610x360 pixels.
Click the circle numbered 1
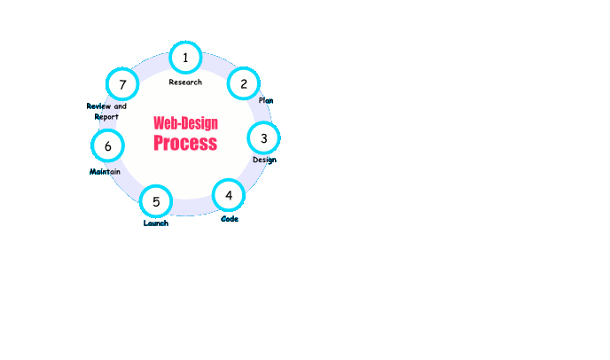coord(185,58)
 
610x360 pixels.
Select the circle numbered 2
coord(244,83)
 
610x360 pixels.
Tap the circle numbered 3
coord(263,138)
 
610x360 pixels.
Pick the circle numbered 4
coord(229,195)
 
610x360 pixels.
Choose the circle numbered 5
coord(156,201)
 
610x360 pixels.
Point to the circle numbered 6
coord(108,146)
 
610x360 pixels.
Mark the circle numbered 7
coord(122,84)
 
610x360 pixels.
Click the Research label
coord(185,82)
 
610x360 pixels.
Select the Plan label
coord(266,100)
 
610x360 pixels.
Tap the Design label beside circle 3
coord(264,160)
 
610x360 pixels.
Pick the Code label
coord(230,219)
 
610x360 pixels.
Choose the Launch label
coord(156,223)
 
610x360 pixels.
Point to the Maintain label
coord(105,172)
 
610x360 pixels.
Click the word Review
coord(98,106)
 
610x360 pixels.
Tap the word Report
coord(106,117)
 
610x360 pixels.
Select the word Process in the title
coord(185,143)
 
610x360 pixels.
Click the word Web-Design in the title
coord(185,123)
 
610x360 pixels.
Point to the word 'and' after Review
coord(121,106)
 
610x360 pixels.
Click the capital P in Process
coord(159,143)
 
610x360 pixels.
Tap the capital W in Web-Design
coord(159,123)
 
